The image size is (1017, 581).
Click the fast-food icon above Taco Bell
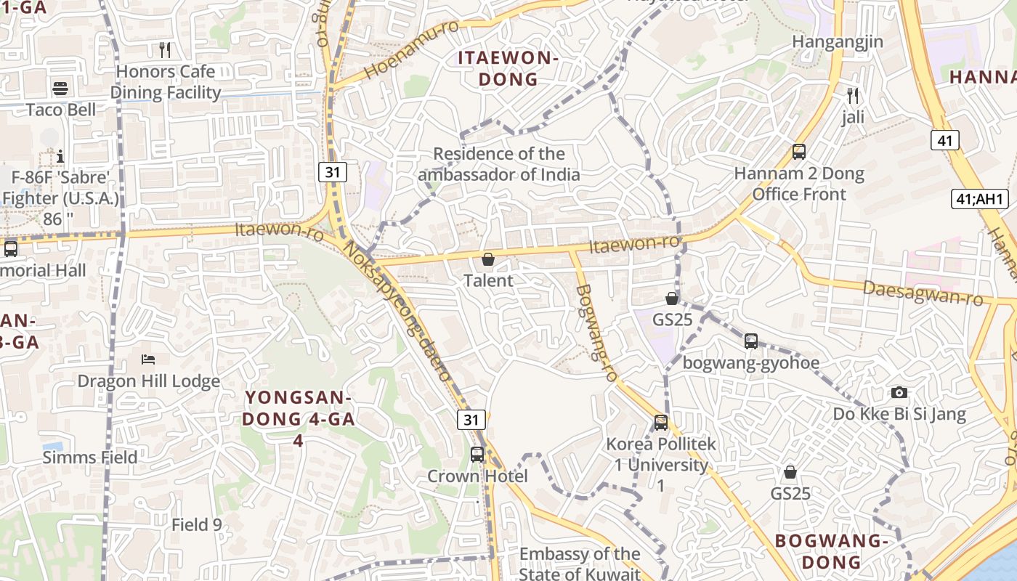(x=60, y=89)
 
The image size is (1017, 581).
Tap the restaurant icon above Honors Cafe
(x=165, y=49)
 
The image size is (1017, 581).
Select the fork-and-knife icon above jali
(x=853, y=95)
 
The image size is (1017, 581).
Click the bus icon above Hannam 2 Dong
(x=799, y=152)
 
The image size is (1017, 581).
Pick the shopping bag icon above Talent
(x=488, y=259)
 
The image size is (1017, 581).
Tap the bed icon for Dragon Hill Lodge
(x=148, y=359)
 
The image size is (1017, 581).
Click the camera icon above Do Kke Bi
(x=899, y=393)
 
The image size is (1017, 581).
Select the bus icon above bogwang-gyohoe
(x=751, y=341)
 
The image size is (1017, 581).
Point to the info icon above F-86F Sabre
(x=60, y=156)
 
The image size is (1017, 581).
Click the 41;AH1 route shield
(x=981, y=199)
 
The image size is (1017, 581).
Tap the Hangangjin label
(x=838, y=41)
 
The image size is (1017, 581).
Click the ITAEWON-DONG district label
(x=508, y=69)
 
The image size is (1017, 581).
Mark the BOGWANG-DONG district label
(x=832, y=551)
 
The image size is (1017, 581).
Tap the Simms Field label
(x=90, y=458)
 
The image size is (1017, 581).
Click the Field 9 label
(x=197, y=524)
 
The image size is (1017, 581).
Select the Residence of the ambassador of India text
(x=499, y=164)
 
